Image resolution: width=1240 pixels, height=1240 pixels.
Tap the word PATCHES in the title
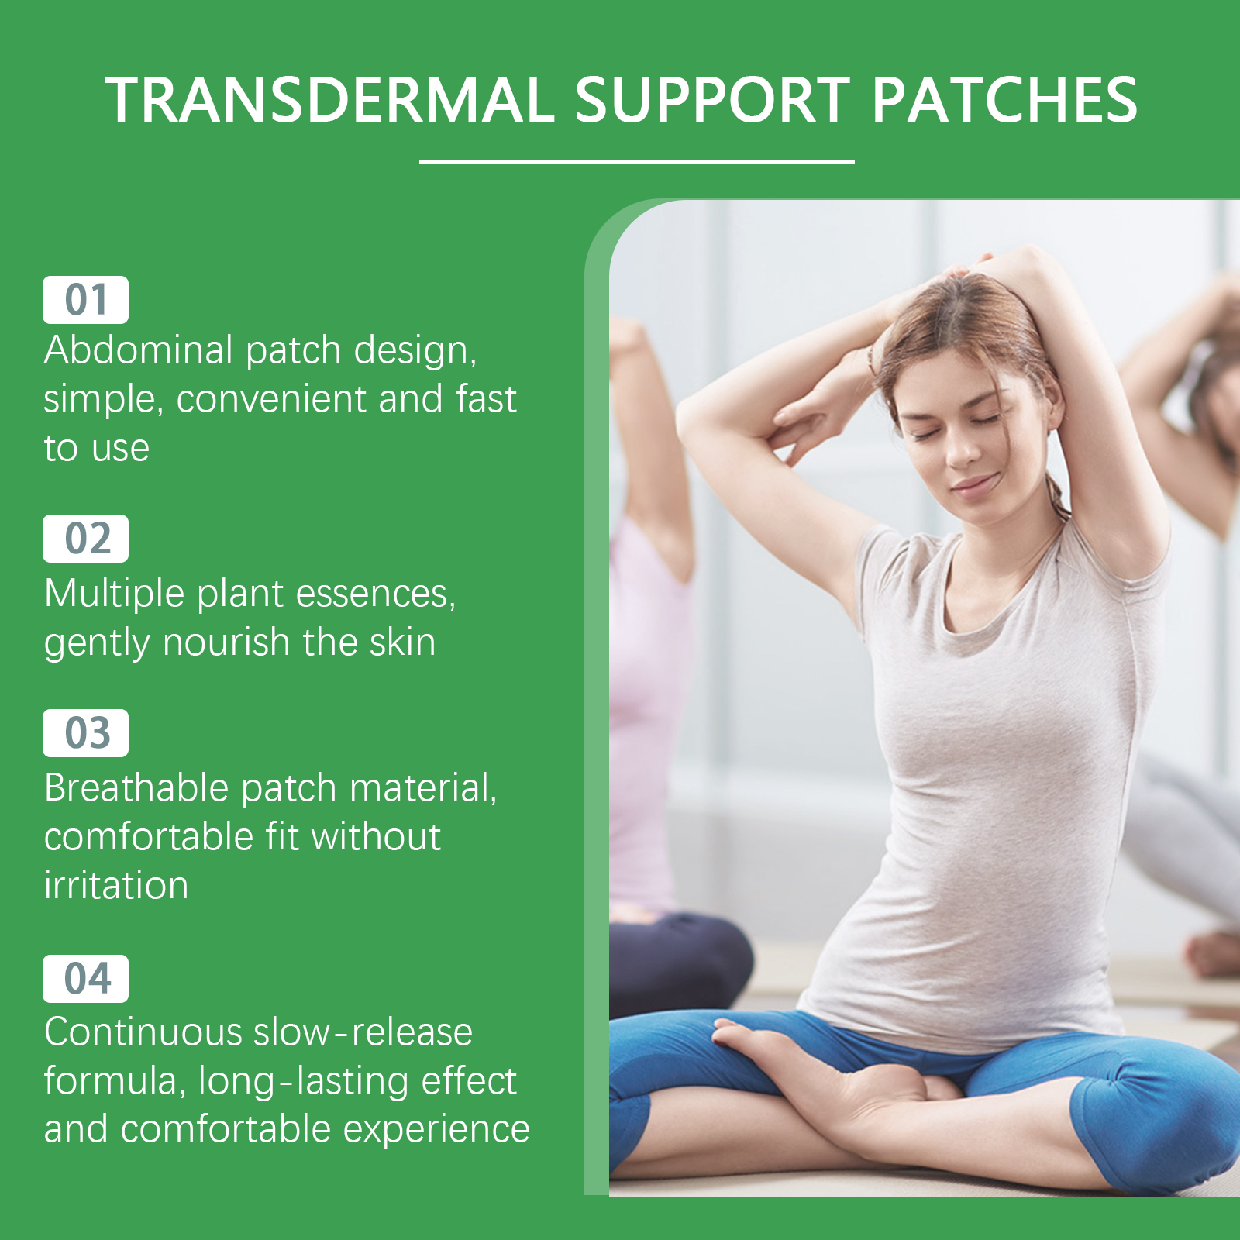[x=1005, y=100]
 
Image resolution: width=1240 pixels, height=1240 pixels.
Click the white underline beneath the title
[x=637, y=162]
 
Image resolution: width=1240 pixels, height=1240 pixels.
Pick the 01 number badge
[x=85, y=300]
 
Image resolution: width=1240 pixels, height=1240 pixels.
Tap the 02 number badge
[x=85, y=539]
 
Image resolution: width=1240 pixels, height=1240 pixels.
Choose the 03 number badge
[x=85, y=733]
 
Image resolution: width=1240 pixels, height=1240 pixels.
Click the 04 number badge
[x=85, y=979]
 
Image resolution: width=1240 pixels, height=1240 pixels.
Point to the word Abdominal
[x=139, y=350]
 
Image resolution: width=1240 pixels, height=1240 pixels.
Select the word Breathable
[x=136, y=788]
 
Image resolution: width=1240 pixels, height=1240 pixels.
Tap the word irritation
[x=116, y=886]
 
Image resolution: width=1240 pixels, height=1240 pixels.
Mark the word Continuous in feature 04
[x=143, y=1032]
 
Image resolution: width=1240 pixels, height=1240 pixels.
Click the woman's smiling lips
[x=975, y=486]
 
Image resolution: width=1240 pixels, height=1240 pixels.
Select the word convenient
[x=272, y=399]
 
